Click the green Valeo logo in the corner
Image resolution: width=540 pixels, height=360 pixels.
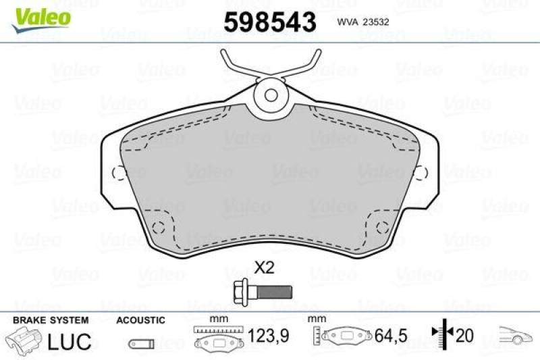click(39, 16)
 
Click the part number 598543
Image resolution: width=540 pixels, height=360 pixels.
click(269, 22)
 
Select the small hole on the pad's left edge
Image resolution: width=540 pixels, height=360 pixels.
click(119, 172)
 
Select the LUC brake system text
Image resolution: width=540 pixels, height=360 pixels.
click(69, 341)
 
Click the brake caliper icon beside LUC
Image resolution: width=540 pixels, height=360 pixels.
click(23, 340)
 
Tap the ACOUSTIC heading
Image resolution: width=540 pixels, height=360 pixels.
click(140, 320)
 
